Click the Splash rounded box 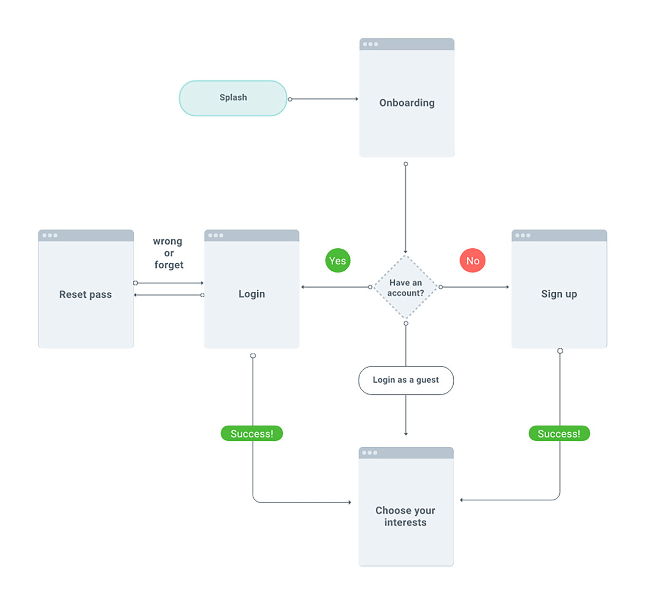pyautogui.click(x=233, y=98)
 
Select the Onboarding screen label pyautogui.click(x=407, y=103)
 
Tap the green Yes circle pyautogui.click(x=338, y=261)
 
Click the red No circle pyautogui.click(x=472, y=261)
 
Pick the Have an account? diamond pyautogui.click(x=405, y=288)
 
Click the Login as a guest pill pyautogui.click(x=406, y=380)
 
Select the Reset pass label pyautogui.click(x=85, y=295)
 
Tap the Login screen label pyautogui.click(x=252, y=294)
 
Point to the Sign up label pyautogui.click(x=559, y=294)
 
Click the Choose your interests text pyautogui.click(x=405, y=516)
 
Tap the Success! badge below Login pyautogui.click(x=252, y=434)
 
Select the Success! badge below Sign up pyautogui.click(x=559, y=434)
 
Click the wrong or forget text pyautogui.click(x=168, y=253)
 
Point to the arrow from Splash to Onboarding pyautogui.click(x=324, y=99)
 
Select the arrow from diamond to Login pyautogui.click(x=335, y=287)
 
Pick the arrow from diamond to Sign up pyautogui.click(x=474, y=287)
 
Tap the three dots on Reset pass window pyautogui.click(x=49, y=235)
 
